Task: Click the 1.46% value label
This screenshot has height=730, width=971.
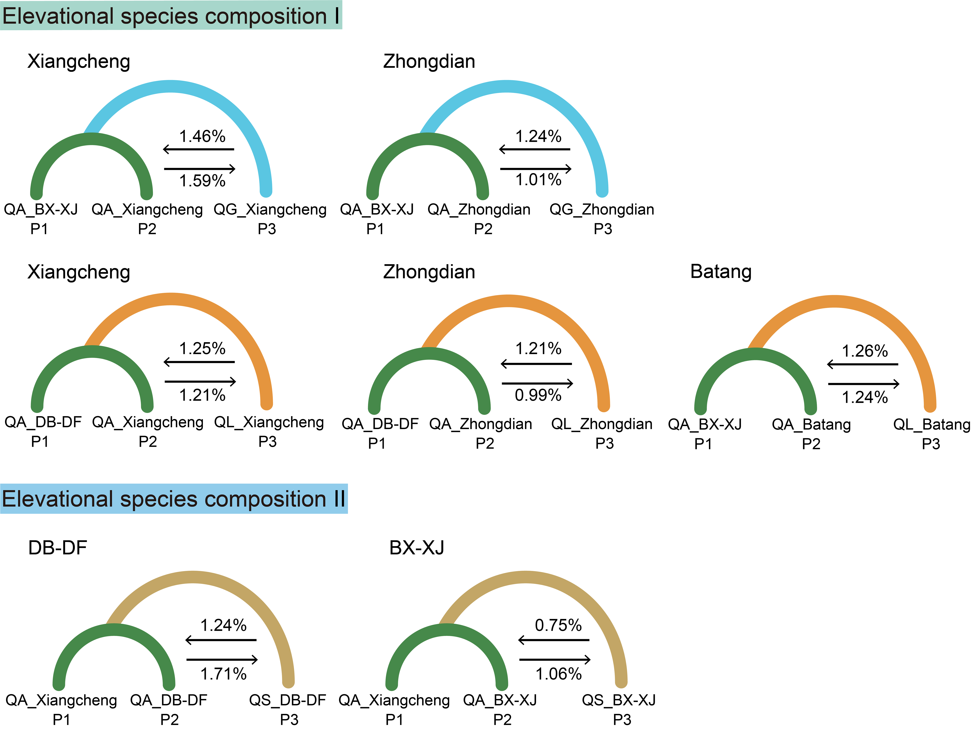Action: tap(202, 137)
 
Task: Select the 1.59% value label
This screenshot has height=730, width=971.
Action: tap(202, 180)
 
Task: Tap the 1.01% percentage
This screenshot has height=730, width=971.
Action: tap(538, 179)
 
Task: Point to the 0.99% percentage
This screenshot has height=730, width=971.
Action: tap(538, 395)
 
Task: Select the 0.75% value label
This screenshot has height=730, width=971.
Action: tap(558, 625)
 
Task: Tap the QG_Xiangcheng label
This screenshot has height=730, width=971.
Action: tap(270, 209)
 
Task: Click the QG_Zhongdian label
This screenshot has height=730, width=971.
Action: tap(602, 209)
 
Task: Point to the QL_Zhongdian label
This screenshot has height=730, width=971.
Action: tap(602, 424)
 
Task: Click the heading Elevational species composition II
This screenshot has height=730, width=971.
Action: tap(174, 499)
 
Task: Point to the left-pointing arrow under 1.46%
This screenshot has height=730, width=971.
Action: tap(198, 149)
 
